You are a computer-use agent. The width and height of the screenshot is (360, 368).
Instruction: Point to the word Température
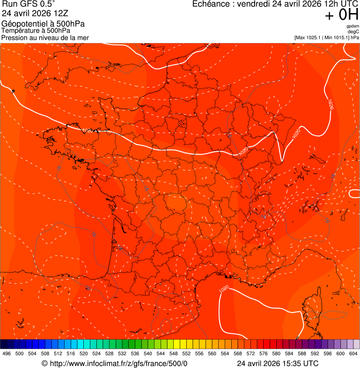pos(20,30)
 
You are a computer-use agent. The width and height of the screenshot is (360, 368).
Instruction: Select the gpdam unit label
pos(353,26)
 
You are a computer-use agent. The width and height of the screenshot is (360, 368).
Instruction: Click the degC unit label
pos(353,31)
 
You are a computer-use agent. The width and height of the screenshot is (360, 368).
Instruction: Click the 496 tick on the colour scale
pos(7,354)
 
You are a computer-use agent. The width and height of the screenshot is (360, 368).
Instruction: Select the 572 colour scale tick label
pos(250,354)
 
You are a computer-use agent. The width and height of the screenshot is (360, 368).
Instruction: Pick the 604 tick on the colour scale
pos(353,354)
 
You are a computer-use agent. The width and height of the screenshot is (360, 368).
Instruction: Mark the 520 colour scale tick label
pos(83,354)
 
